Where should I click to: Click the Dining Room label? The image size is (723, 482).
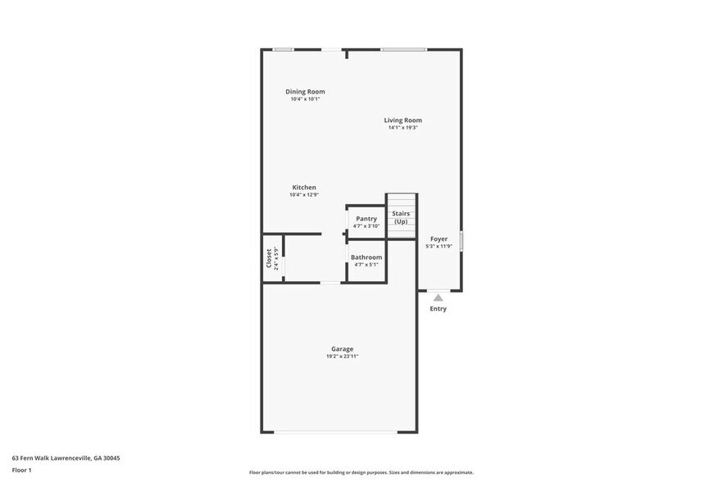(305, 92)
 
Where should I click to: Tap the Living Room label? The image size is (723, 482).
(402, 120)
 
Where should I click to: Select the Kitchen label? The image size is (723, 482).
(304, 188)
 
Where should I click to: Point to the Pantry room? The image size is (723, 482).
(366, 222)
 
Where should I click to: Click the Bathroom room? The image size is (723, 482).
(366, 261)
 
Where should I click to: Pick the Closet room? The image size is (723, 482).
(272, 258)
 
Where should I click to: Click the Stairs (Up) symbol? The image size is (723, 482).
(401, 217)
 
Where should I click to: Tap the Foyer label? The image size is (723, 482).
(439, 239)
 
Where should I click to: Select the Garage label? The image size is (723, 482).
(342, 349)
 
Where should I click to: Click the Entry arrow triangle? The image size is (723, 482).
(439, 298)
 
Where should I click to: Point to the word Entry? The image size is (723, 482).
(439, 309)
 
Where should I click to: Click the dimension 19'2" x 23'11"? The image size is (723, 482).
(342, 357)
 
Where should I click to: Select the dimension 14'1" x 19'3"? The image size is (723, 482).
(402, 128)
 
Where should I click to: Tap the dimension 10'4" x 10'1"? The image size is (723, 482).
(305, 99)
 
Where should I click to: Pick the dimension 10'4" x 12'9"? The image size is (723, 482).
(304, 195)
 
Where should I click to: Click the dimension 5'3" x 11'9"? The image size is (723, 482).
(439, 247)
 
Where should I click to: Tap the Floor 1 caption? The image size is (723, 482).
(21, 470)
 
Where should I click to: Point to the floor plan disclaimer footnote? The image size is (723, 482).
(361, 472)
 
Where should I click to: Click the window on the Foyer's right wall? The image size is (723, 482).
(462, 241)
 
